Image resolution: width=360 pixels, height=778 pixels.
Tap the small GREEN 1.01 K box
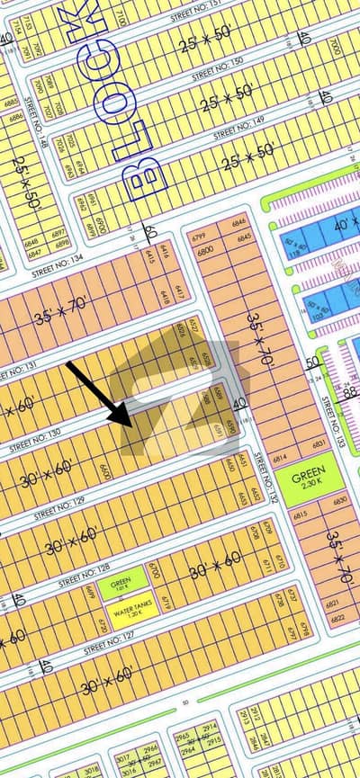(120, 586)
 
